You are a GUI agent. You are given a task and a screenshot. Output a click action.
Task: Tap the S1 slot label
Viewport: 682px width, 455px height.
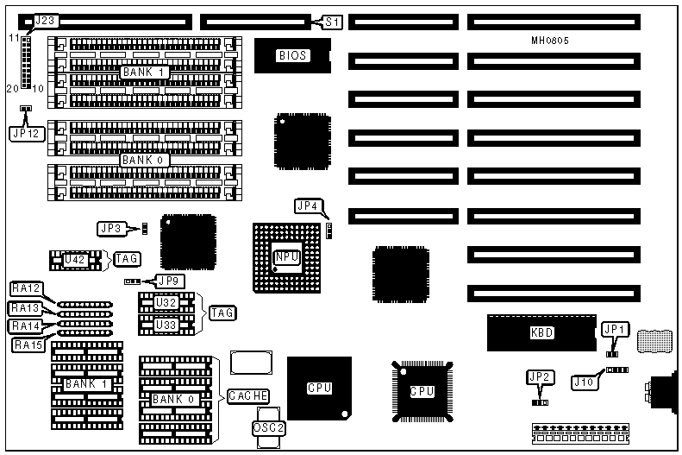331,21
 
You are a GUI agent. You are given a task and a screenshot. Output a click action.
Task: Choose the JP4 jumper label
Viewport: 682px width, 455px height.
308,205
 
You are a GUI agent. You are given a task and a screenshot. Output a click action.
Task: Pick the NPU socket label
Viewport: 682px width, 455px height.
286,256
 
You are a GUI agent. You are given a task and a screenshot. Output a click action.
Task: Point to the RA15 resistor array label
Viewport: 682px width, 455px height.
28,344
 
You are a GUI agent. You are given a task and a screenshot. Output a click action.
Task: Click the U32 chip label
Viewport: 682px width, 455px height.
167,303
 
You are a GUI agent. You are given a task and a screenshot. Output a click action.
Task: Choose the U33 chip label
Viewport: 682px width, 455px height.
167,325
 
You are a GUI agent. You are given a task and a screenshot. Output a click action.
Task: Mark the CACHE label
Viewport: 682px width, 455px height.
248,396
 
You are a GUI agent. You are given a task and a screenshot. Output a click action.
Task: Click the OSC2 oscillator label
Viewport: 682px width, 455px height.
267,427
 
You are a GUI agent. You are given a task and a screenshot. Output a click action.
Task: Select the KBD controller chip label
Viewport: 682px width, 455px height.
541,332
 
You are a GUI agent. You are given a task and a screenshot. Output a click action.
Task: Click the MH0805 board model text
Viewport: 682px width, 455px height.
549,40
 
